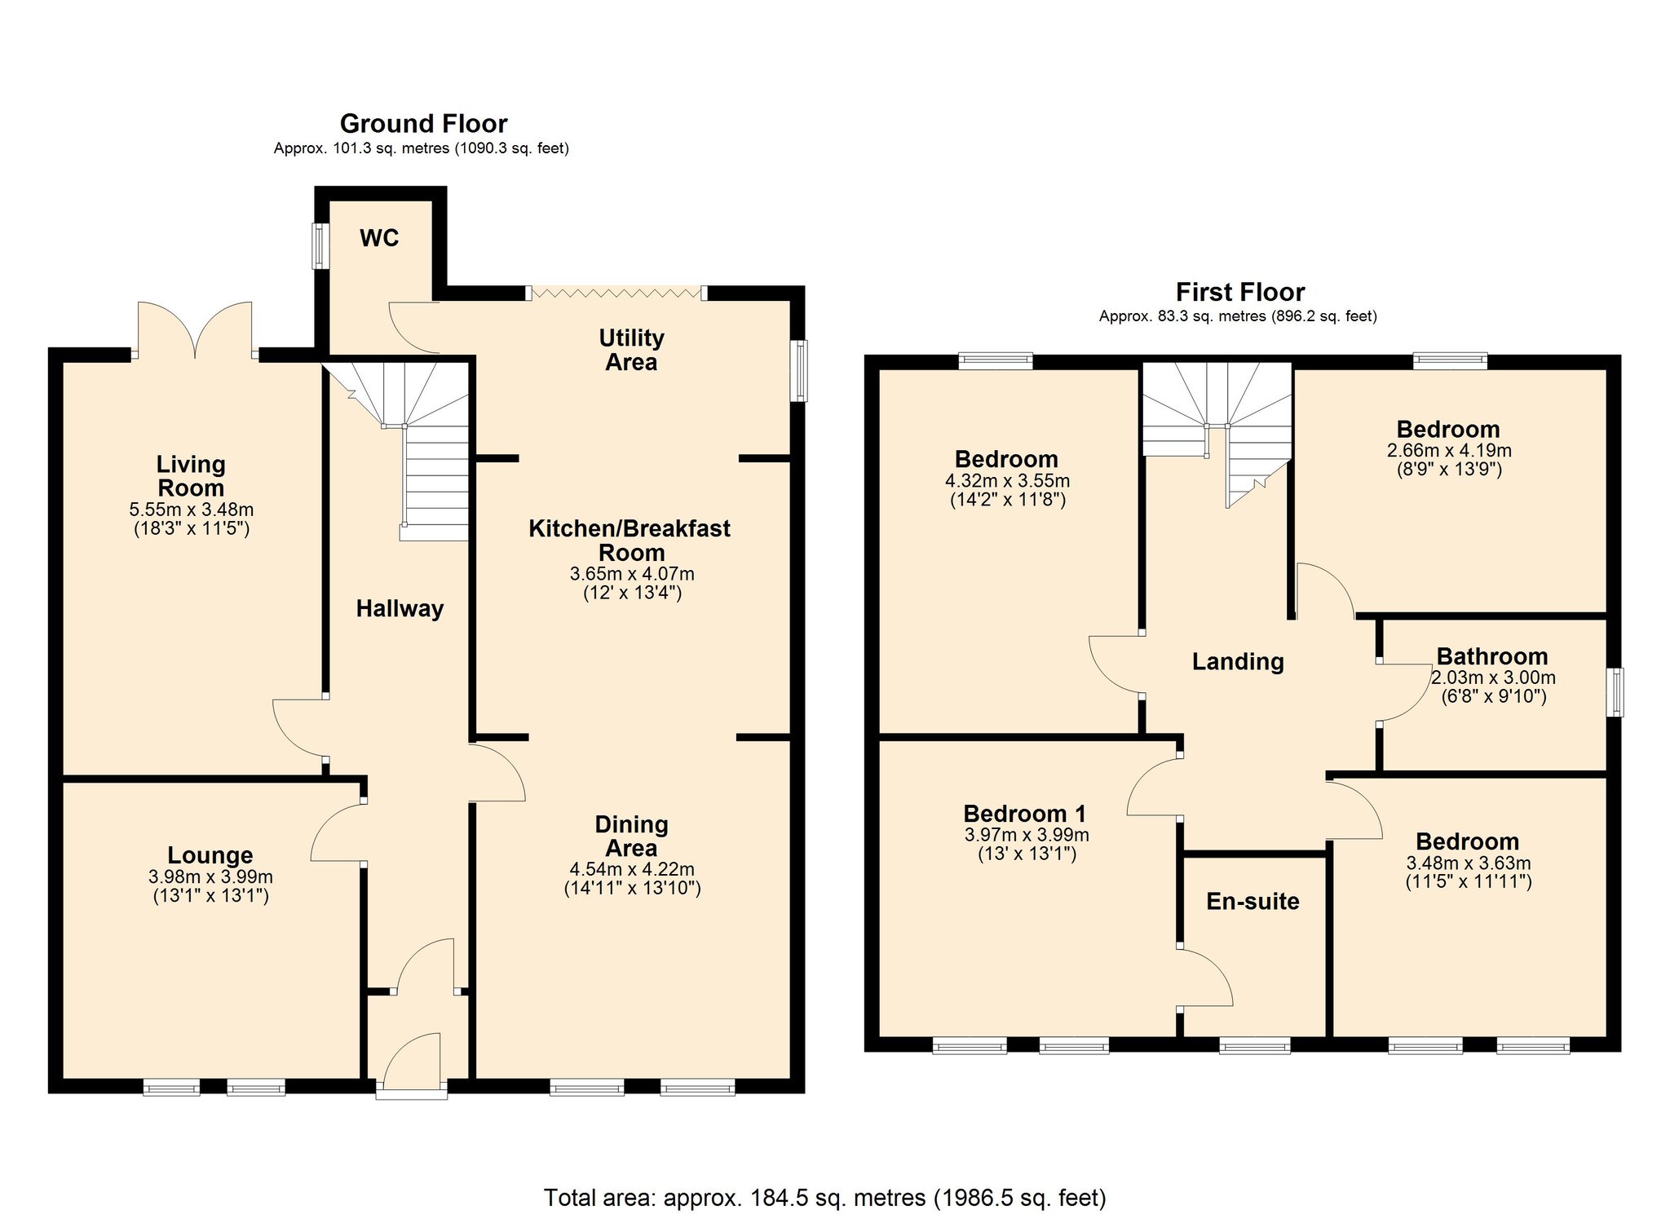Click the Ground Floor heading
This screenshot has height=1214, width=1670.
click(x=423, y=124)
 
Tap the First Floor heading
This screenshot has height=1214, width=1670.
click(x=1239, y=292)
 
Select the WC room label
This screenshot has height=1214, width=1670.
click(x=379, y=238)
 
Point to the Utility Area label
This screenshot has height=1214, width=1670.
click(x=631, y=350)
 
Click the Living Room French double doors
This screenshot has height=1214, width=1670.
click(x=195, y=330)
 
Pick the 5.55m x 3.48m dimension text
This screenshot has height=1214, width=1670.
click(x=191, y=510)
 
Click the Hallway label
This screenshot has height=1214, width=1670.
click(x=400, y=608)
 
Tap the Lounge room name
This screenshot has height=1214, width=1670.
click(x=210, y=855)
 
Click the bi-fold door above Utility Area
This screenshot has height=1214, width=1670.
click(x=616, y=293)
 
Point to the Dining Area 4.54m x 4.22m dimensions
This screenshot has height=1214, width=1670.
click(x=631, y=870)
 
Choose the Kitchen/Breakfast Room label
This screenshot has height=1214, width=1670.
click(x=630, y=540)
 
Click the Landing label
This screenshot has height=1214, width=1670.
click(x=1238, y=661)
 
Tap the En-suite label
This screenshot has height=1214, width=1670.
click(x=1252, y=901)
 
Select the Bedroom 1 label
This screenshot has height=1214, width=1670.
click(x=1024, y=814)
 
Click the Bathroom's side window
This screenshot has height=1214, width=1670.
click(x=1615, y=692)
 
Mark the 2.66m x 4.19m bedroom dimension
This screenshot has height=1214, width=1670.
click(x=1448, y=451)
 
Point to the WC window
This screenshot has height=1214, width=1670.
click(x=319, y=245)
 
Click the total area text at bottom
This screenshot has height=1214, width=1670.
click(x=824, y=1198)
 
